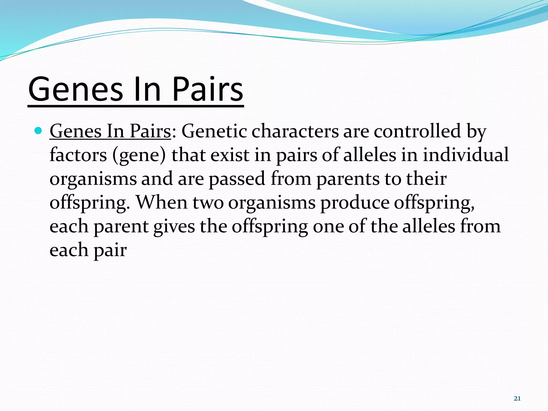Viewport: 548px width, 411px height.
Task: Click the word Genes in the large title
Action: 75,89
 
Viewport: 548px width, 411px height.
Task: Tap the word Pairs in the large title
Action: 207,89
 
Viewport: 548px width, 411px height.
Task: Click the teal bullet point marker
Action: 39,131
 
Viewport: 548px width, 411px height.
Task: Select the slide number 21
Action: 517,399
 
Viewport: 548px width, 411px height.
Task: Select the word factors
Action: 78,155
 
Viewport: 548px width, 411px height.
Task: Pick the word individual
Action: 466,155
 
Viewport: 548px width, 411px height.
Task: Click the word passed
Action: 237,179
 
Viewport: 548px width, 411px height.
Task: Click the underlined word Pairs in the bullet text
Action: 150,131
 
